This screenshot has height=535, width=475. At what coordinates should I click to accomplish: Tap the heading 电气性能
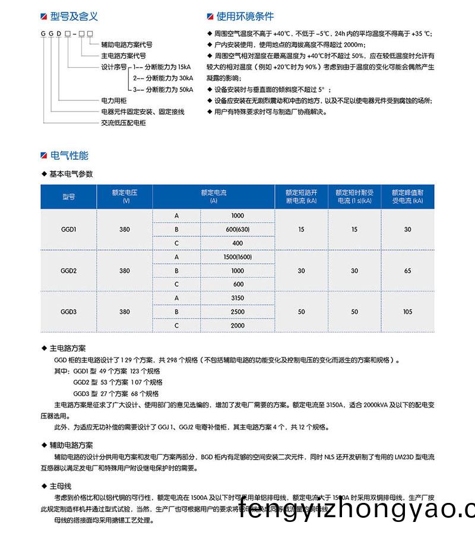click(x=69, y=156)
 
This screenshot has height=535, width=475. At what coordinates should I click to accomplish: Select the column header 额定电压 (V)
click(x=124, y=196)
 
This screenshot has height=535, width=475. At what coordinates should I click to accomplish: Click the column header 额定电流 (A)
click(x=214, y=196)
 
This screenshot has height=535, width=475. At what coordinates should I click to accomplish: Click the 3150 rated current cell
click(x=237, y=298)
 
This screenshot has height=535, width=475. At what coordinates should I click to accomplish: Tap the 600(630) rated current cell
click(x=237, y=229)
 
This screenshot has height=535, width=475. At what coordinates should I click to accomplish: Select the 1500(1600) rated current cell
click(x=237, y=257)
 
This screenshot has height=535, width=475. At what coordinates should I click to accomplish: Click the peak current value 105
click(x=407, y=312)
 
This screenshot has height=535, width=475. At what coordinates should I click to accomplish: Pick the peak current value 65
click(x=407, y=271)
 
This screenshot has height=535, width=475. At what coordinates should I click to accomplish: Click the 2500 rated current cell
click(x=237, y=312)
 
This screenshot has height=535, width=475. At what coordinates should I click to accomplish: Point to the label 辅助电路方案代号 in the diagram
click(x=126, y=45)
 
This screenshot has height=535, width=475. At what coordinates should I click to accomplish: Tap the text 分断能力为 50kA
click(x=169, y=90)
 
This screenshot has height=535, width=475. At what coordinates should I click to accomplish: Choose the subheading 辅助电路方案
click(x=71, y=444)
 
